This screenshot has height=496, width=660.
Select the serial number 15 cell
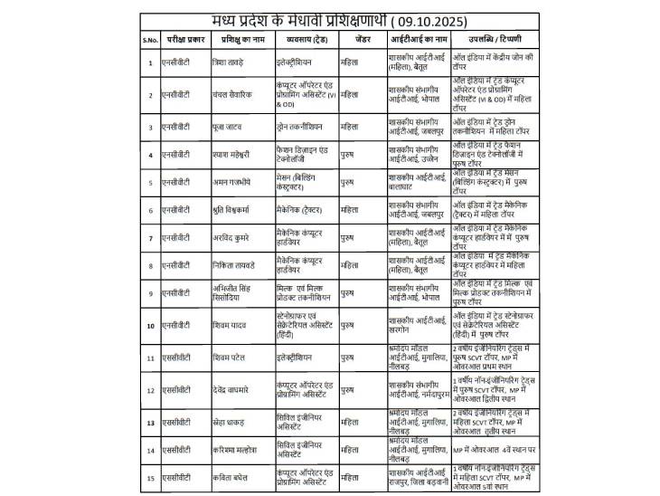point(149,476)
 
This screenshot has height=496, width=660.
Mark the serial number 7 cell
point(149,238)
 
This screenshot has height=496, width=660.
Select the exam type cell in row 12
point(176,390)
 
